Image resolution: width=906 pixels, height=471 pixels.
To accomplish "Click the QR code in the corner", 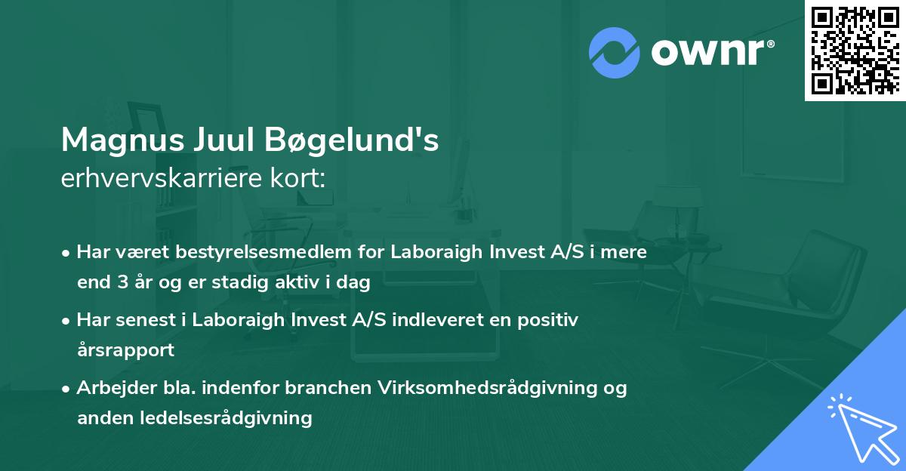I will click(855, 50).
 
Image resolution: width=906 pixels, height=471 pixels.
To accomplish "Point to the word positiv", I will click(550, 320).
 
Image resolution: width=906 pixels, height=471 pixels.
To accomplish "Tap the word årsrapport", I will click(125, 350).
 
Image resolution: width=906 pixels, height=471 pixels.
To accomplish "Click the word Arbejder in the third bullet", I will click(111, 388).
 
